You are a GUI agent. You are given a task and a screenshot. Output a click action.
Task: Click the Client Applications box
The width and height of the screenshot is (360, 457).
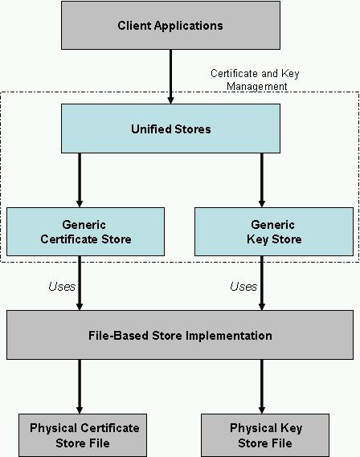(170, 26)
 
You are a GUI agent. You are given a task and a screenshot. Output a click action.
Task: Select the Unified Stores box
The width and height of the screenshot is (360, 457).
(170, 129)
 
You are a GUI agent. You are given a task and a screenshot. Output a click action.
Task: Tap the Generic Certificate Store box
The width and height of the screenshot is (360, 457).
(85, 231)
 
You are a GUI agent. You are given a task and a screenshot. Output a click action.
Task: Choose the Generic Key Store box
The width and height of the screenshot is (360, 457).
(274, 231)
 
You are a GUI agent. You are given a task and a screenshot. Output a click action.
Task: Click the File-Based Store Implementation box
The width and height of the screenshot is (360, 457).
(180, 335)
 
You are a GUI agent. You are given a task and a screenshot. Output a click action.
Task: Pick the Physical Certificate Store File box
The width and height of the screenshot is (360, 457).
(83, 435)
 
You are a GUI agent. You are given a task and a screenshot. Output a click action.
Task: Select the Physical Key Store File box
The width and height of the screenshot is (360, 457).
(265, 435)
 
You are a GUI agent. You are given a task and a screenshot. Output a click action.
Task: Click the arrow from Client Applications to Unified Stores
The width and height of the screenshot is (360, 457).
(170, 76)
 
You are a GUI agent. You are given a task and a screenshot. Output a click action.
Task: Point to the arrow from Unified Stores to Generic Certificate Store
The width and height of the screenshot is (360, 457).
(80, 180)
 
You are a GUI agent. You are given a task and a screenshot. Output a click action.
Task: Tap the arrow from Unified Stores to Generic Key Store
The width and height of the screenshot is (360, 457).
(262, 180)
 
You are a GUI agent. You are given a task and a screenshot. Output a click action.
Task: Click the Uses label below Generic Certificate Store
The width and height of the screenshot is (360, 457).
(62, 287)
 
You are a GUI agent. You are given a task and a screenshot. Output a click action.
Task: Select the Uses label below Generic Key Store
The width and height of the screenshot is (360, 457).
(243, 287)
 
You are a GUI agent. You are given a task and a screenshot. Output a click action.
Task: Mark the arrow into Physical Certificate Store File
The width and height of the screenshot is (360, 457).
(80, 386)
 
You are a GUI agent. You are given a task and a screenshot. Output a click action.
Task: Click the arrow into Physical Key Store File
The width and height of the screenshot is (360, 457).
(262, 386)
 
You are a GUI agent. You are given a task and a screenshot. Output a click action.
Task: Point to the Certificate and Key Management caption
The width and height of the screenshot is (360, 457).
(255, 80)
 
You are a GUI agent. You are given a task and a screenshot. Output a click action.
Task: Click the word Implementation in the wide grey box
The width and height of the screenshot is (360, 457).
(229, 336)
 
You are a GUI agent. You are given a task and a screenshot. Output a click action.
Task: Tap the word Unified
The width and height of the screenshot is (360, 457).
(146, 129)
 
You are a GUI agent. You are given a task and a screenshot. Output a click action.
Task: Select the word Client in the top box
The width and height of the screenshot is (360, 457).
(134, 26)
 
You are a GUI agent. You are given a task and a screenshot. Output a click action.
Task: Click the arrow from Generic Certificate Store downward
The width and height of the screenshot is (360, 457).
(80, 284)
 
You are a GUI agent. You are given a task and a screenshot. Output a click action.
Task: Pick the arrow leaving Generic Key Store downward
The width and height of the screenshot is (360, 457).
(262, 284)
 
